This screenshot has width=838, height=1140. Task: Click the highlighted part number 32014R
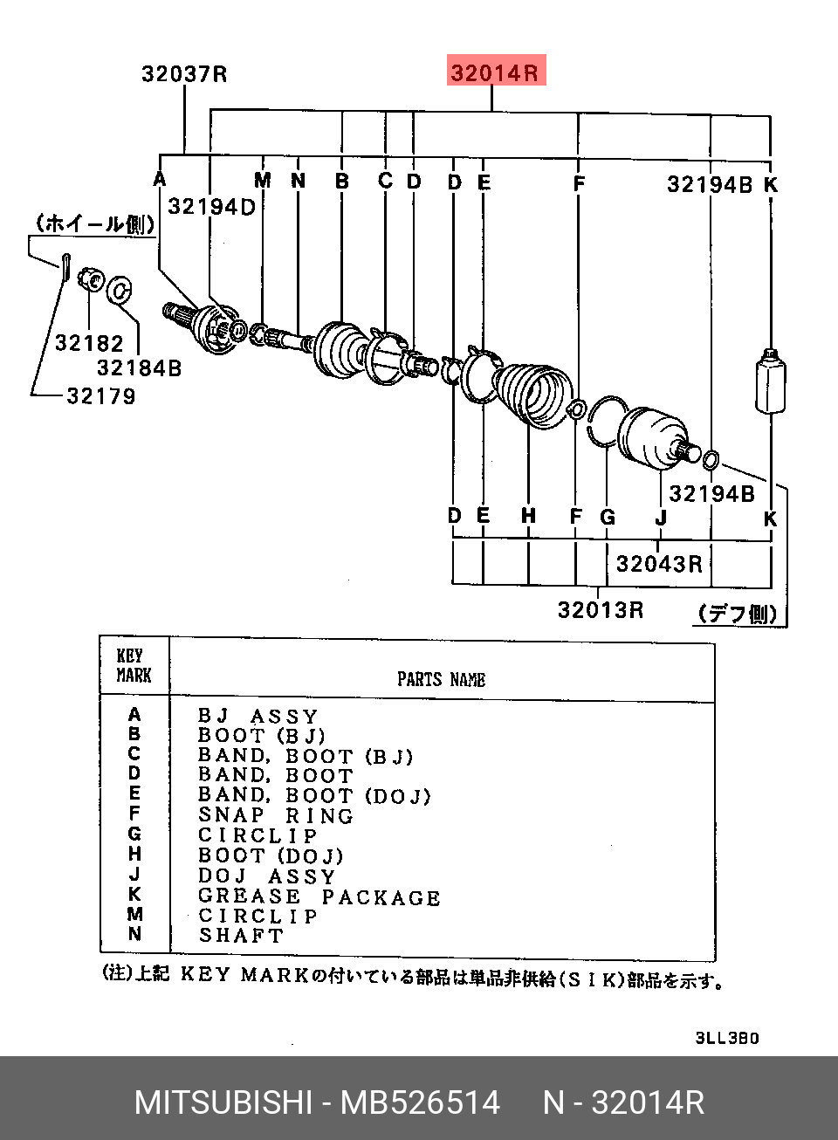pyautogui.click(x=494, y=72)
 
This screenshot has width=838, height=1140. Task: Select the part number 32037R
pyautogui.click(x=184, y=74)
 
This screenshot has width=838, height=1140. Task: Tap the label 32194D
pyautogui.click(x=211, y=207)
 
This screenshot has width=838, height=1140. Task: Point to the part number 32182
pyautogui.click(x=89, y=343)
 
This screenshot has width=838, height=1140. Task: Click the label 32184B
pyautogui.click(x=139, y=368)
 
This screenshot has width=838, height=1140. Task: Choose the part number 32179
pyautogui.click(x=101, y=396)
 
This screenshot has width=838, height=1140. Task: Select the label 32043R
pyautogui.click(x=659, y=564)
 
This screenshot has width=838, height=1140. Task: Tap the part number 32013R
pyautogui.click(x=601, y=609)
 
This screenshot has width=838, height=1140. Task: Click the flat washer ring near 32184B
pyautogui.click(x=119, y=290)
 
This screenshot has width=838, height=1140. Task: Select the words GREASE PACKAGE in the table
pyautogui.click(x=319, y=896)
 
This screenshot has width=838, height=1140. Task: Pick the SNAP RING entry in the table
pyautogui.click(x=275, y=815)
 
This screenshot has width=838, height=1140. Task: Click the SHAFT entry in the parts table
pyautogui.click(x=241, y=936)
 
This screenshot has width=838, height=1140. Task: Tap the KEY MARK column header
pyautogui.click(x=134, y=666)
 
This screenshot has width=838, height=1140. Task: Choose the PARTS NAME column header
pyautogui.click(x=441, y=679)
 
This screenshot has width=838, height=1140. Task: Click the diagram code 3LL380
pyautogui.click(x=727, y=1038)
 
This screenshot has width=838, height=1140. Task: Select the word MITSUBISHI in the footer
pyautogui.click(x=223, y=1102)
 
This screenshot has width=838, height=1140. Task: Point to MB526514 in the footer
pyautogui.click(x=420, y=1102)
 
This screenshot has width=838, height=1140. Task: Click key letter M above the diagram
pyautogui.click(x=263, y=180)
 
